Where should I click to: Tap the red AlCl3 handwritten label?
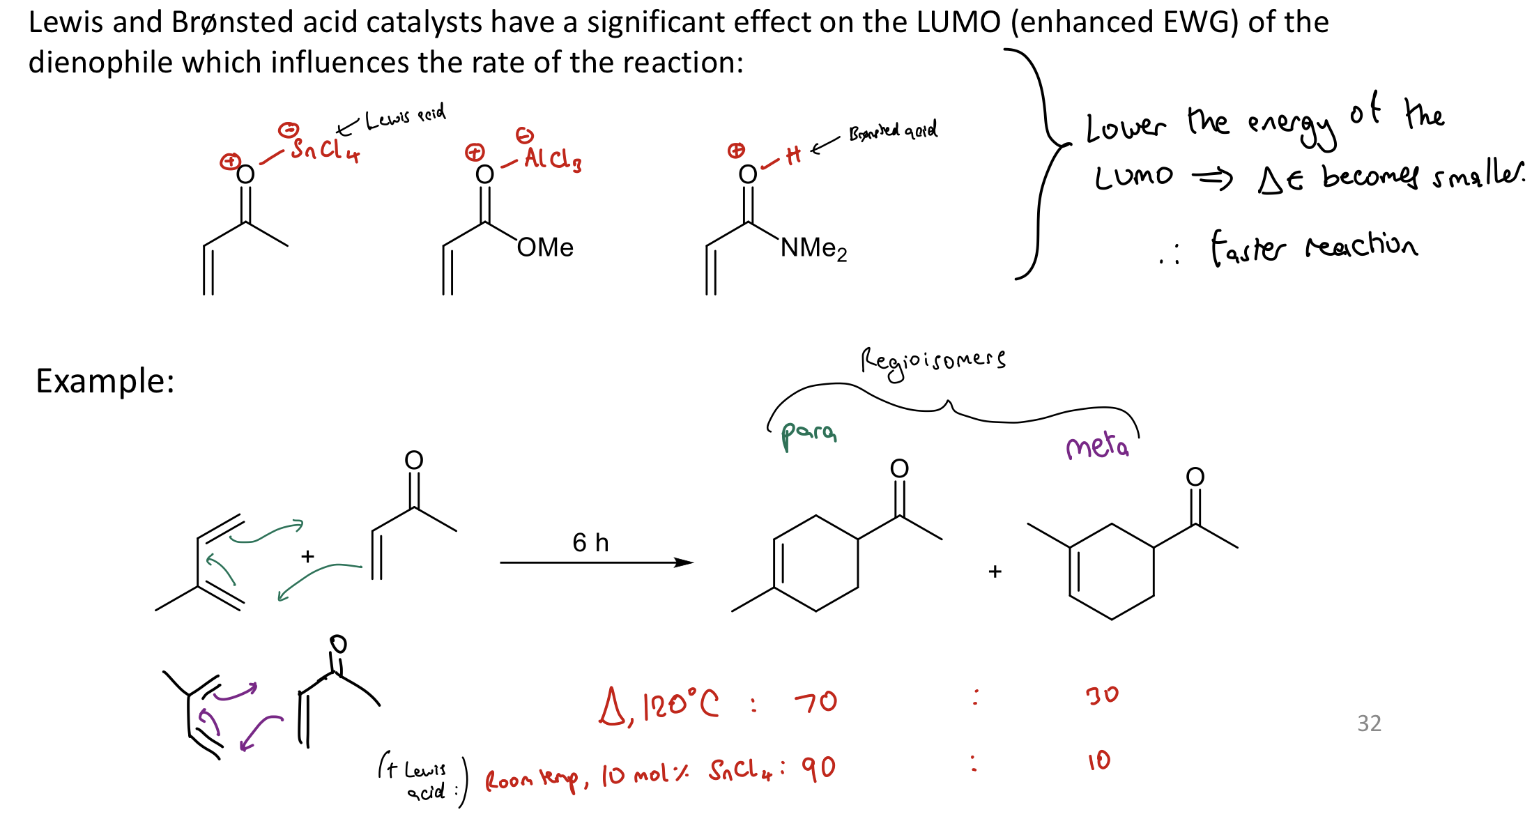click(x=553, y=160)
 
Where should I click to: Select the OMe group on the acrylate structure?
click(x=545, y=247)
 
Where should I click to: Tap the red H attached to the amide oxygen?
click(x=793, y=155)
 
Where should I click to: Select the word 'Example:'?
click(x=105, y=381)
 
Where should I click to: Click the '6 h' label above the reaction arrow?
click(x=590, y=542)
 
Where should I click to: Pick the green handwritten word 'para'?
click(x=809, y=434)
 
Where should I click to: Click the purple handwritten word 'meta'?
click(x=1097, y=446)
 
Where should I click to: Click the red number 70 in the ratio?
click(x=816, y=701)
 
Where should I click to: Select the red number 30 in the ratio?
click(x=1101, y=695)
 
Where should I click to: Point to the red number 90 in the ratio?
click(x=818, y=768)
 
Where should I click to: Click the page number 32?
click(x=1369, y=723)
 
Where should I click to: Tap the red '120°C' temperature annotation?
click(x=680, y=705)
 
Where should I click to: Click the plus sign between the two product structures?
click(x=995, y=572)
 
